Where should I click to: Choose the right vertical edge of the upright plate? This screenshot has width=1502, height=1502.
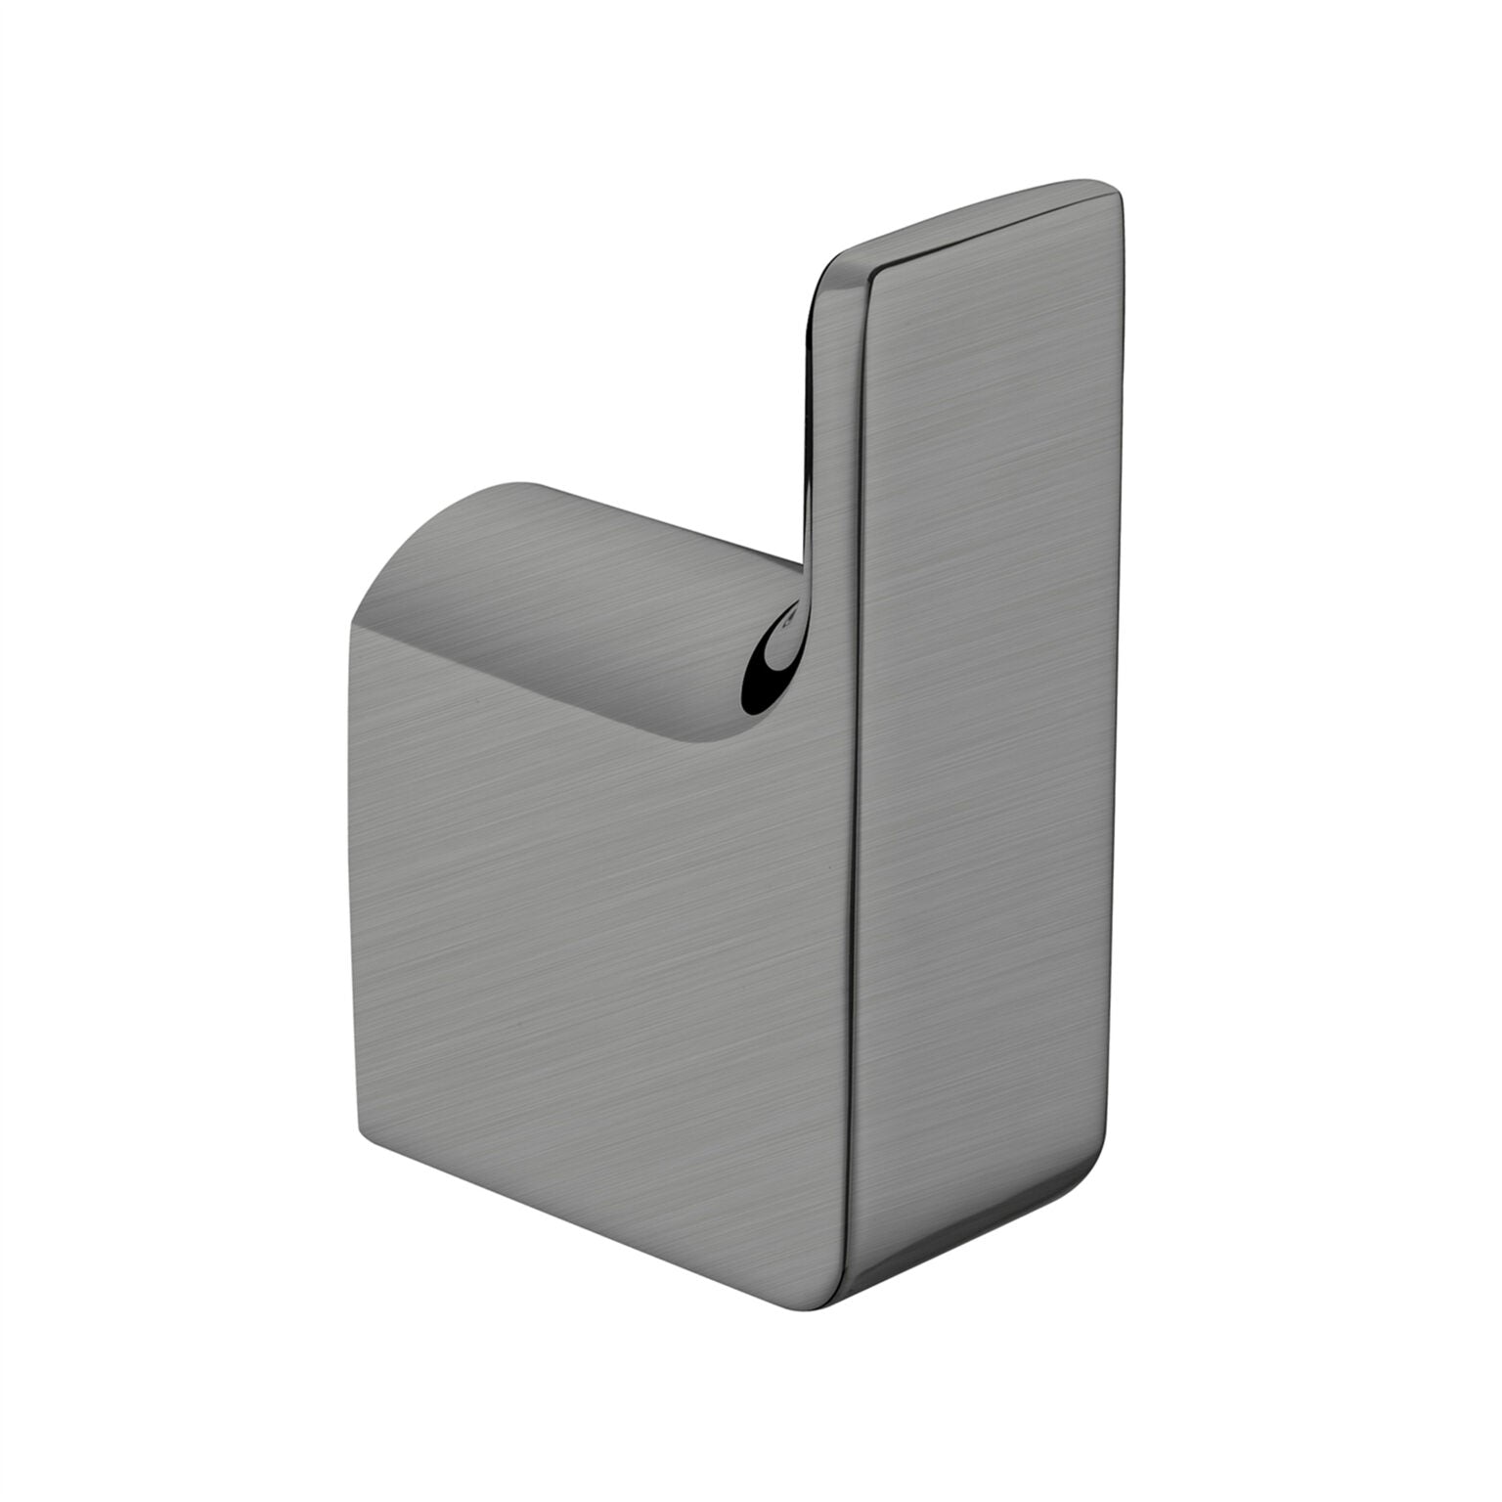coord(1123,685)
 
